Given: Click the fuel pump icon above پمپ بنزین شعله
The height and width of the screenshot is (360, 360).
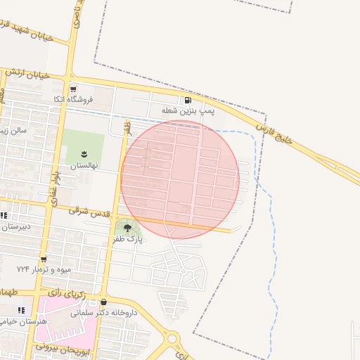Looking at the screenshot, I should click(x=187, y=100).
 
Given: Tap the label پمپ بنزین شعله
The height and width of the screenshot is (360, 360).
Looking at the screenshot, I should click(x=188, y=111).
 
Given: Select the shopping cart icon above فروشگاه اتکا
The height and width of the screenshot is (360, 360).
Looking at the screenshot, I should click(x=73, y=89).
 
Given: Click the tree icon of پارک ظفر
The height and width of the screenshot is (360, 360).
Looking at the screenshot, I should click(x=127, y=228).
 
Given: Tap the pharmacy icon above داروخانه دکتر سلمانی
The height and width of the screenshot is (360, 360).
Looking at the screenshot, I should click(x=103, y=302).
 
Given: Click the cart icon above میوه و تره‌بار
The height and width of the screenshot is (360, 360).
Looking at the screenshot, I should click(x=44, y=259).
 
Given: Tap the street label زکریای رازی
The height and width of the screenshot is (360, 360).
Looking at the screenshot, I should click(x=69, y=292).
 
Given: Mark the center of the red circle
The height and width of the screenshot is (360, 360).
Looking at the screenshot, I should click(x=180, y=180).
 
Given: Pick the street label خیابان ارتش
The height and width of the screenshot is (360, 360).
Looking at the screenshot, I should click(x=28, y=74).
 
